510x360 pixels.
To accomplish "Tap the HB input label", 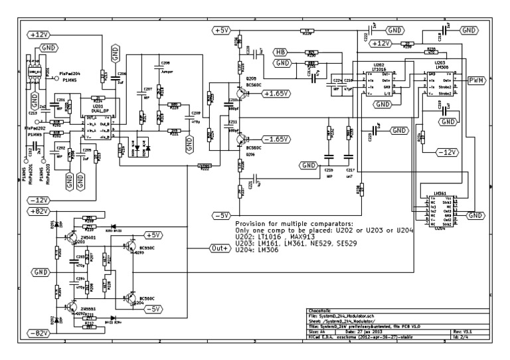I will coord(281,52).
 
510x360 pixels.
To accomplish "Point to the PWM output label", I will coord(476,80).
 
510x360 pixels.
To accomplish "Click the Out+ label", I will coord(220,248).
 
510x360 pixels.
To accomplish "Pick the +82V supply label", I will coord(41,211).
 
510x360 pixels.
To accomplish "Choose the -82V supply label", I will coord(41,332).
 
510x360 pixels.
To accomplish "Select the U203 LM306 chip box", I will coord(439,84).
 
